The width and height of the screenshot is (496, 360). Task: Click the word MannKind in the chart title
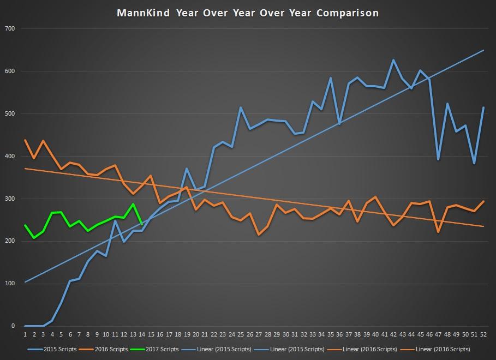tap(144, 13)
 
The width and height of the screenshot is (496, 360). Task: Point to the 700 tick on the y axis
tap(10, 28)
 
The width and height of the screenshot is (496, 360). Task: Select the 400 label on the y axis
tap(10, 156)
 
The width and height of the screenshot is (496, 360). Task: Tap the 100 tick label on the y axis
tap(10, 284)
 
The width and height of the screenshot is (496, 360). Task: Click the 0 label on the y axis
tap(13, 326)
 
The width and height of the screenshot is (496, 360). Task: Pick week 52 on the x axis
tap(483, 334)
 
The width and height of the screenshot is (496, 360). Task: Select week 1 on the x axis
tap(25, 334)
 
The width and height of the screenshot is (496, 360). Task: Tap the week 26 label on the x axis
tap(250, 334)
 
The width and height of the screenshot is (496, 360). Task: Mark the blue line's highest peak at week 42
tap(393, 60)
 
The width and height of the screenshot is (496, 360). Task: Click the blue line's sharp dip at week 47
tap(438, 159)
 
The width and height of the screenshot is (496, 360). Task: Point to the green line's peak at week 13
tap(133, 204)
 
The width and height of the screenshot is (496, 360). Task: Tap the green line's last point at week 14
tap(142, 224)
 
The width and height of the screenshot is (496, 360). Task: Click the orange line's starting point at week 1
tap(25, 140)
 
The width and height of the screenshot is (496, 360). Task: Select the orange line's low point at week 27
tap(259, 235)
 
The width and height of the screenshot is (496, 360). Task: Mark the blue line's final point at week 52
tap(483, 107)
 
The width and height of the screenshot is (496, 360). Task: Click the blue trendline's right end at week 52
tap(483, 51)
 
